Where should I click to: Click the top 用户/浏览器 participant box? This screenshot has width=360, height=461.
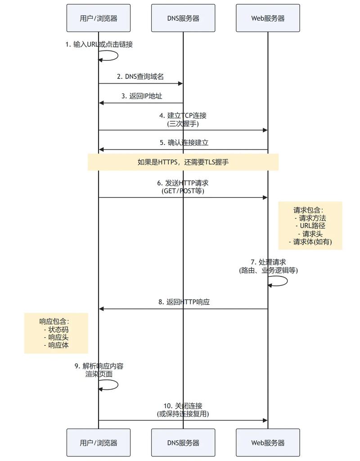pos(99,18)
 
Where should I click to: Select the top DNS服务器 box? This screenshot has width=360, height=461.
pos(183,18)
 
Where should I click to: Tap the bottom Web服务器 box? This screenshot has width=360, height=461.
pos(268,443)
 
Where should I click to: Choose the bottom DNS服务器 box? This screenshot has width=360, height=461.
pos(183,443)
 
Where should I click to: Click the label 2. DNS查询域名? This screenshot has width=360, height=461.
pos(140,77)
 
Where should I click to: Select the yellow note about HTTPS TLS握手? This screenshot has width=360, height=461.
pos(183,162)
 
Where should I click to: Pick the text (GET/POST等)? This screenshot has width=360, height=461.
pos(183,190)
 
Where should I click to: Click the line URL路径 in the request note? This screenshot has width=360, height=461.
pos(310,226)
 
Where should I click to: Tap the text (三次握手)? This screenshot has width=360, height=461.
pos(183,123)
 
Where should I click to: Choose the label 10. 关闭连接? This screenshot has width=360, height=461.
pos(183,406)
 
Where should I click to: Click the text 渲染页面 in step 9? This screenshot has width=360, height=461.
pos(99,374)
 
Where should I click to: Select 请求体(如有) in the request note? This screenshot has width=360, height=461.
pos(310,242)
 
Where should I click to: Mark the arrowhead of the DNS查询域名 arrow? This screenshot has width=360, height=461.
pos(180,83)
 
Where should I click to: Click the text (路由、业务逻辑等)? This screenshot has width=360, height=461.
pos(268,270)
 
